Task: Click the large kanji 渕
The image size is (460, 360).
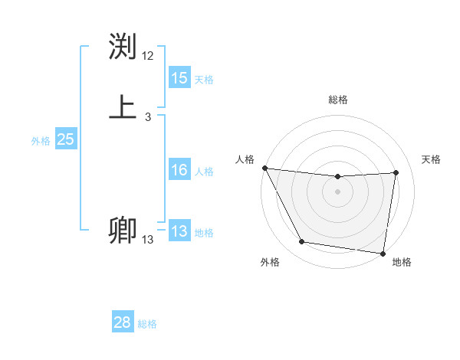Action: pyautogui.click(x=123, y=46)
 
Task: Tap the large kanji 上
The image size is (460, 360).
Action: pyautogui.click(x=123, y=106)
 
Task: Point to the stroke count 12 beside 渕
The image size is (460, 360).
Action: pyautogui.click(x=148, y=56)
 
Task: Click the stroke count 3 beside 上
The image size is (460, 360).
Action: pyautogui.click(x=148, y=117)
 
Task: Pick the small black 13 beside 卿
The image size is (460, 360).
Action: pyautogui.click(x=148, y=240)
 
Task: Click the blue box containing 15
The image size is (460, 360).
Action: pyautogui.click(x=179, y=78)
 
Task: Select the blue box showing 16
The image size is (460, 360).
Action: pyautogui.click(x=179, y=170)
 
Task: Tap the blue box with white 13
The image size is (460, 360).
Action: pyautogui.click(x=179, y=231)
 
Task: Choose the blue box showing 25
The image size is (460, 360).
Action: pyautogui.click(x=66, y=139)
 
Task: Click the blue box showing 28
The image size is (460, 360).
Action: pyautogui.click(x=123, y=322)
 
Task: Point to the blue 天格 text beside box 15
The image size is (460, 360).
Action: pyautogui.click(x=204, y=80)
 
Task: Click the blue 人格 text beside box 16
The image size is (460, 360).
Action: pyautogui.click(x=204, y=172)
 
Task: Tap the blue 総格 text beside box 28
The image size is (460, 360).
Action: pyautogui.click(x=147, y=324)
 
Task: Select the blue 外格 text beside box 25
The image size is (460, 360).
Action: pyautogui.click(x=41, y=141)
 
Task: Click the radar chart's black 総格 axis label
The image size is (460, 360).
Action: pyautogui.click(x=337, y=100)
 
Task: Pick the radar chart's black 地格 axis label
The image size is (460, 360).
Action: pyautogui.click(x=402, y=262)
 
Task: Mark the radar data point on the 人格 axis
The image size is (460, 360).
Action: pyautogui.click(x=264, y=168)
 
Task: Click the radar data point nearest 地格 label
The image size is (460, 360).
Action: pyautogui.click(x=383, y=254)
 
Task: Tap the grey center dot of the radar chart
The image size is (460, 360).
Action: pyautogui.click(x=337, y=191)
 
